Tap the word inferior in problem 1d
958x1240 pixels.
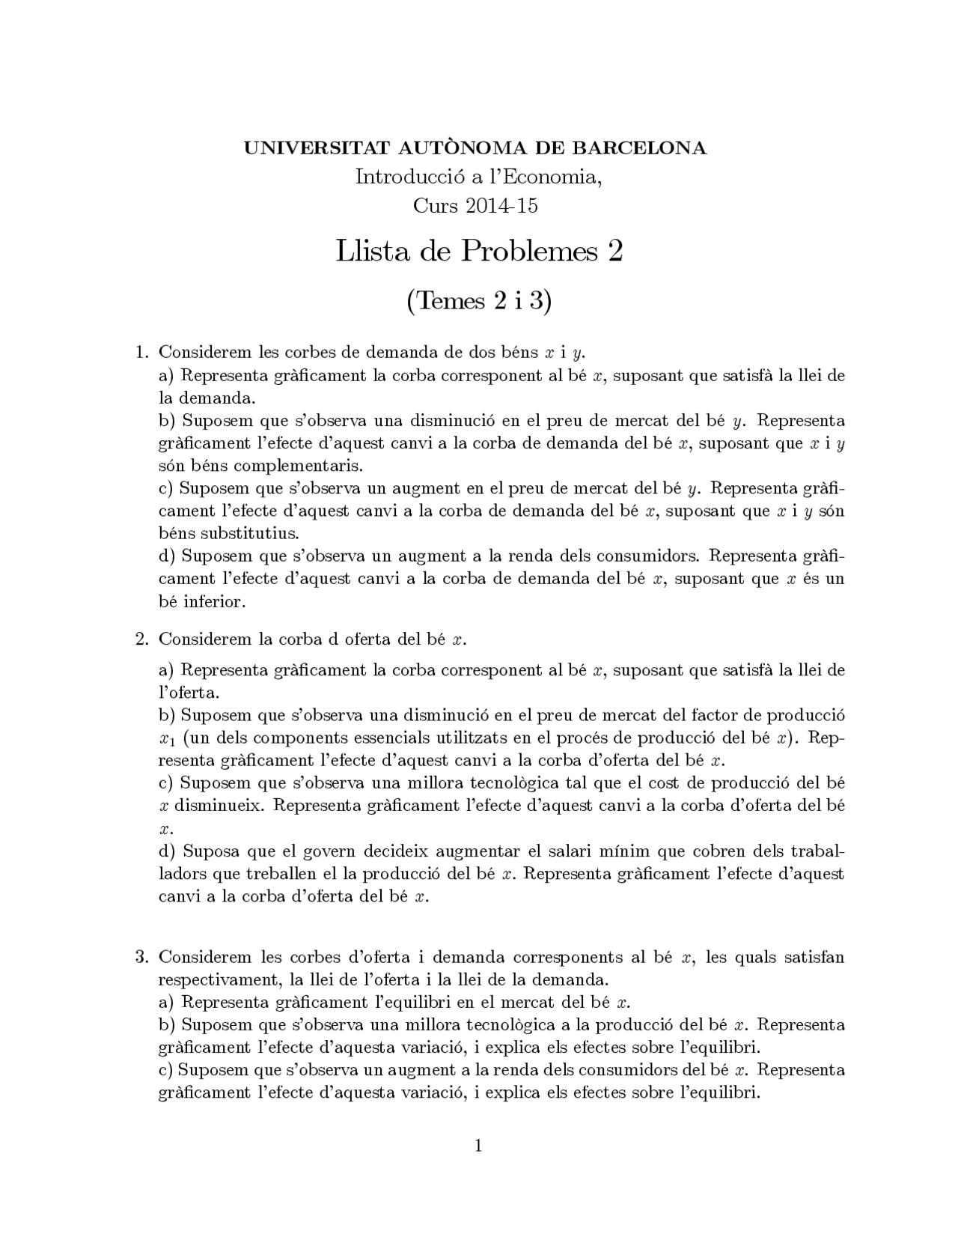pos(214,601)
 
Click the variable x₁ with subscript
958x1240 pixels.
pos(167,739)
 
